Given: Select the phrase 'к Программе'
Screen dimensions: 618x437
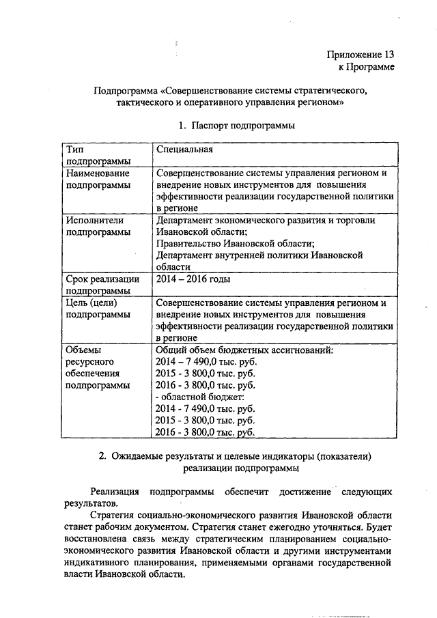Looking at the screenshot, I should pyautogui.click(x=366, y=67).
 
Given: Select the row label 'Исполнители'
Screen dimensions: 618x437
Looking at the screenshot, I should pyautogui.click(x=94, y=220).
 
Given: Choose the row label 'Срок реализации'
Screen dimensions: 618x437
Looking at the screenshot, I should pyautogui.click(x=102, y=279).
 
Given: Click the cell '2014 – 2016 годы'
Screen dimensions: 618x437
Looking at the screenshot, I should pyautogui.click(x=193, y=279).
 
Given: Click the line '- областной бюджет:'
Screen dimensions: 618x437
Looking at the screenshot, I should pyautogui.click(x=199, y=397).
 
